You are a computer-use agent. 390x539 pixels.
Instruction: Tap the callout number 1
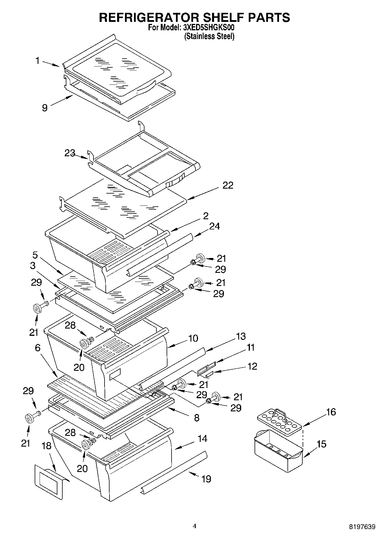38,61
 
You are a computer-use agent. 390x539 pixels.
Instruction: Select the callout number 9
45,108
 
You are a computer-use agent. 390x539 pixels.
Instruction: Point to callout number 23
70,153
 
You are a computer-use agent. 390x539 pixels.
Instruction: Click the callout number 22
228,185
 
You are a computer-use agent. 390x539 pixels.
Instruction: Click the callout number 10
193,338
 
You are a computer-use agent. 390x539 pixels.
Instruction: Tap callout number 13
241,336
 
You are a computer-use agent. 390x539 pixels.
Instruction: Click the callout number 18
46,446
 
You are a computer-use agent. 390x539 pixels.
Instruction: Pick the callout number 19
206,479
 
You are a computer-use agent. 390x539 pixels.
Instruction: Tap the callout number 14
202,438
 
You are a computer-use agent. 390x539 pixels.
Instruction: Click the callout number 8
197,418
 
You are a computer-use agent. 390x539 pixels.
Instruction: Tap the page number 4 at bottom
195,526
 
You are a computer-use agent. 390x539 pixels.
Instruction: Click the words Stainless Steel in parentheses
209,36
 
